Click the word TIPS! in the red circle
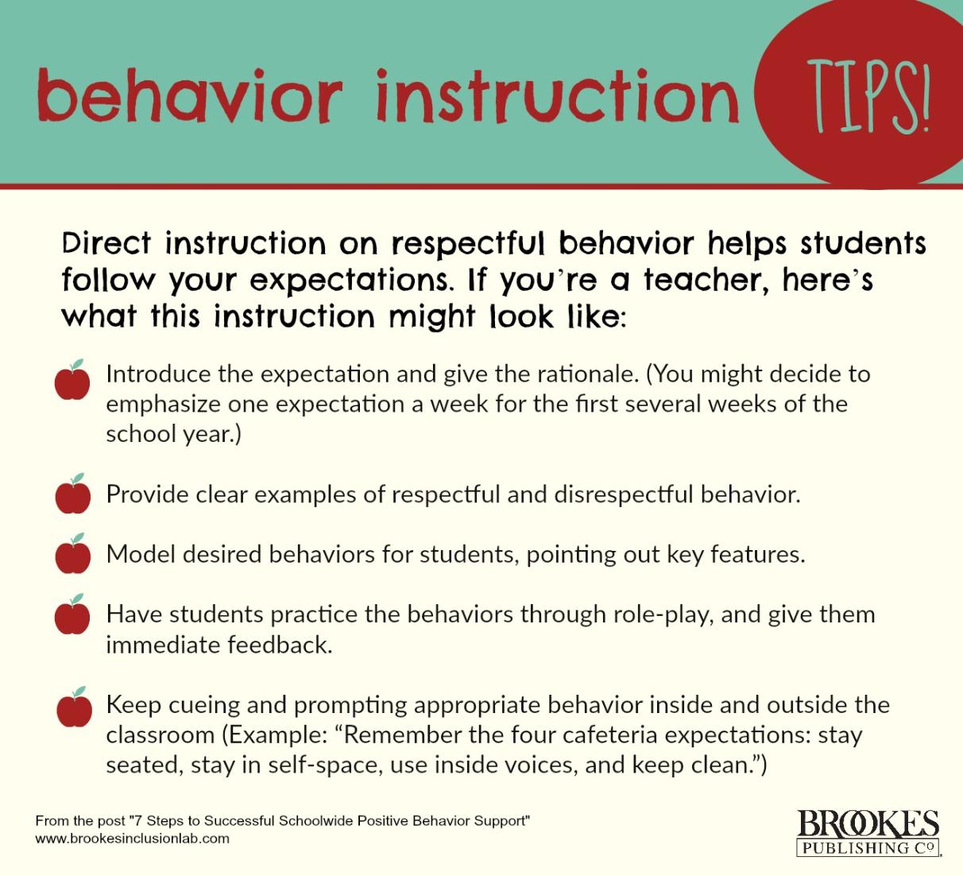[x=868, y=102]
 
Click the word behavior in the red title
[x=190, y=96]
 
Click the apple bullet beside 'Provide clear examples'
[x=72, y=494]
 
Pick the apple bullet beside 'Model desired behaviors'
[x=72, y=554]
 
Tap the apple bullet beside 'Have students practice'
[x=72, y=614]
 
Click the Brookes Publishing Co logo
[x=868, y=833]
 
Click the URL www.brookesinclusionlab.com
[x=133, y=839]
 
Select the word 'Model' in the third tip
[x=141, y=554]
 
